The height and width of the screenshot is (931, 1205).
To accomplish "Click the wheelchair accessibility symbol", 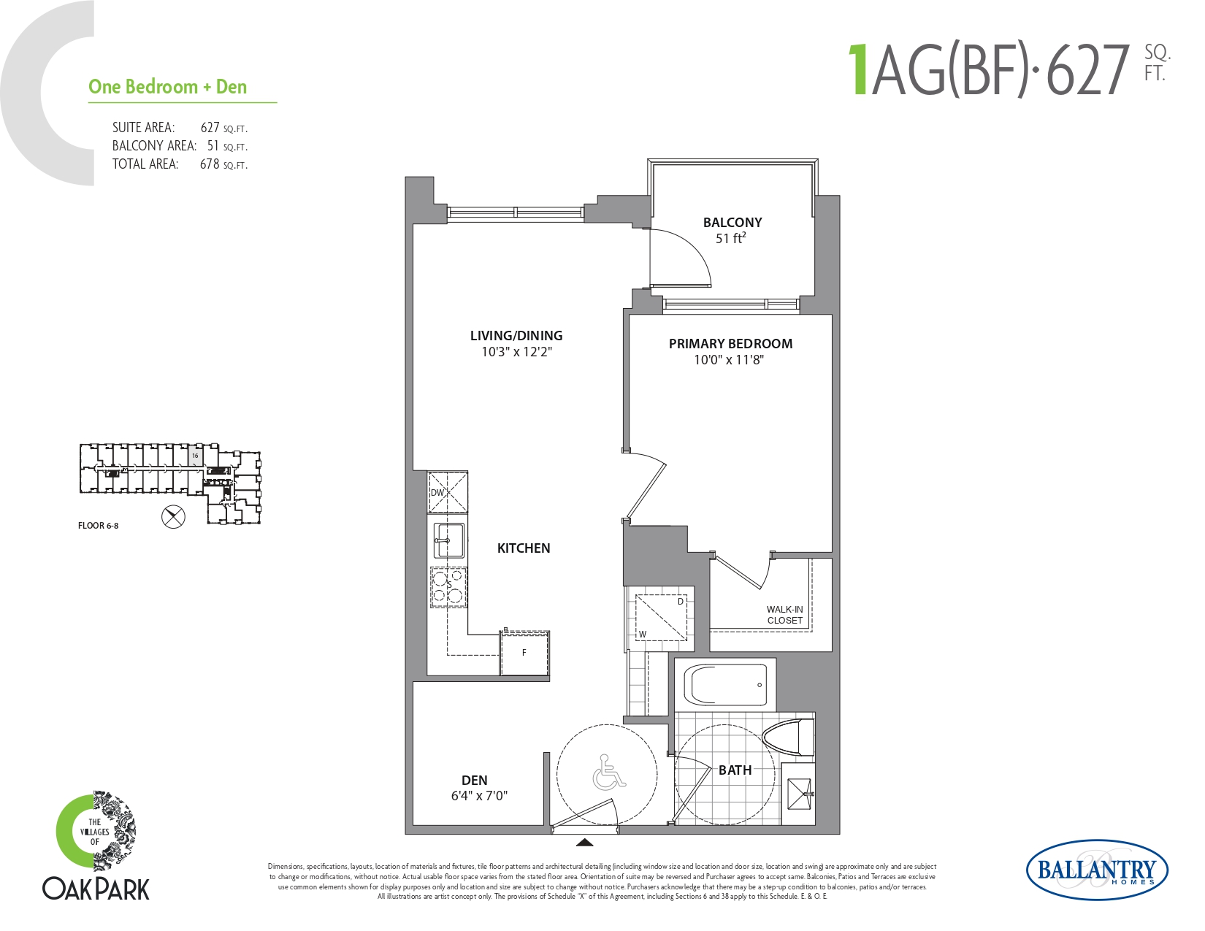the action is [x=609, y=772].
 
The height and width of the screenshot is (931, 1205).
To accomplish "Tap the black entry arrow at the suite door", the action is [x=584, y=843].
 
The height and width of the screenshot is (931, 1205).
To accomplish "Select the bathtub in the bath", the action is [x=725, y=685].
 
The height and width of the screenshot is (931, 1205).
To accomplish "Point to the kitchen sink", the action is [x=448, y=540].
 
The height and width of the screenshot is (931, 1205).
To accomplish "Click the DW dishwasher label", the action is [x=437, y=492].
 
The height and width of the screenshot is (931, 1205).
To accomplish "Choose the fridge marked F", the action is [x=524, y=653].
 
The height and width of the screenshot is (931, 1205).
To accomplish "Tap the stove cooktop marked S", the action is [x=448, y=586].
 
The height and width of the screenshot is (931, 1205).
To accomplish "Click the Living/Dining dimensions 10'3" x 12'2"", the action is [x=517, y=351].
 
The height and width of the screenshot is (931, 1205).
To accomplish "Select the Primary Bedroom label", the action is [x=730, y=344].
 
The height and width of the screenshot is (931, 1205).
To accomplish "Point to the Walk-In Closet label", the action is [x=784, y=615].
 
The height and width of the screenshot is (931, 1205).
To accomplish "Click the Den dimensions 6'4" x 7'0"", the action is [x=479, y=796].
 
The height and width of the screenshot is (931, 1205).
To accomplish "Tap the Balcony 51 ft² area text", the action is [x=730, y=239].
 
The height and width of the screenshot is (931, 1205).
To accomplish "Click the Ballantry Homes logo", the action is [x=1097, y=870].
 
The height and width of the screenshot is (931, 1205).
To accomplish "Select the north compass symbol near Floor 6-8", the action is [x=173, y=517].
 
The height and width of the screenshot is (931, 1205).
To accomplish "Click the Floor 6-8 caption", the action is [x=98, y=526].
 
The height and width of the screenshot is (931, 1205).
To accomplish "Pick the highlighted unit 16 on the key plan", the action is [x=195, y=456].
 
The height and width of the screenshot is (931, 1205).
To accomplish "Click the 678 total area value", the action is [x=210, y=164].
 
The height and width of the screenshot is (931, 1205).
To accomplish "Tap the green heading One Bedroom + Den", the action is [x=167, y=87].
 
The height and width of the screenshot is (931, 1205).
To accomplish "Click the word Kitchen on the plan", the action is [x=524, y=548].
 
